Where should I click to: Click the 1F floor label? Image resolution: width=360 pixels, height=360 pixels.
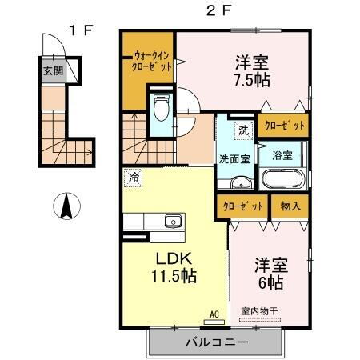(82, 30)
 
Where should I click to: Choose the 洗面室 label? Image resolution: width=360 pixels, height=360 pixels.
(235, 158)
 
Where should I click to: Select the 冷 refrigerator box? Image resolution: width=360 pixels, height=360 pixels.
(134, 178)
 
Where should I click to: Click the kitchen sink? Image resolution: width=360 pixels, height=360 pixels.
(171, 221)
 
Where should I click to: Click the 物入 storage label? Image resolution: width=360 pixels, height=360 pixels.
(291, 206)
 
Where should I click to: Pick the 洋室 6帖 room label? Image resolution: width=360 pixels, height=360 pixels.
(271, 272)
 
